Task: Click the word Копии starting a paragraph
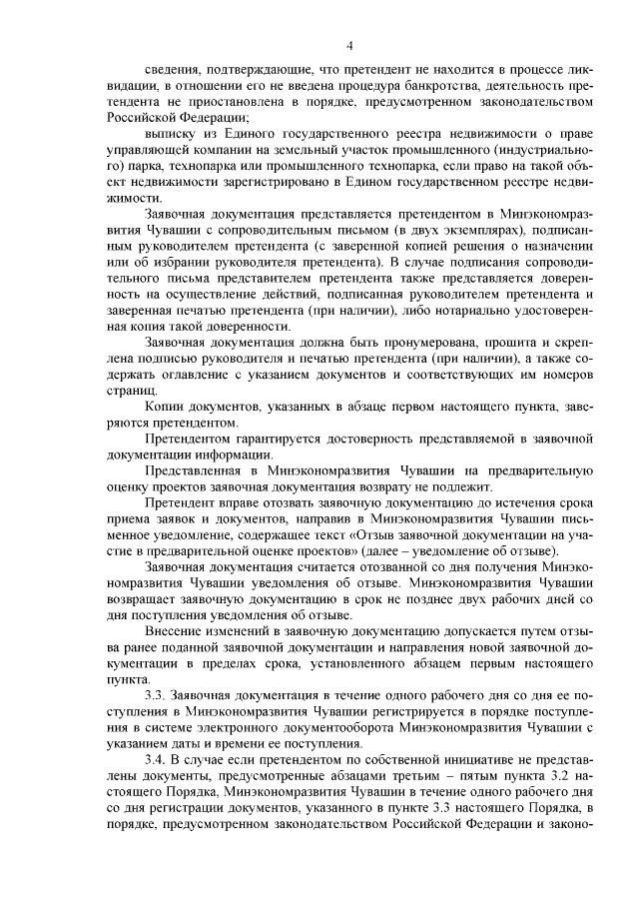pos(166,409)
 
